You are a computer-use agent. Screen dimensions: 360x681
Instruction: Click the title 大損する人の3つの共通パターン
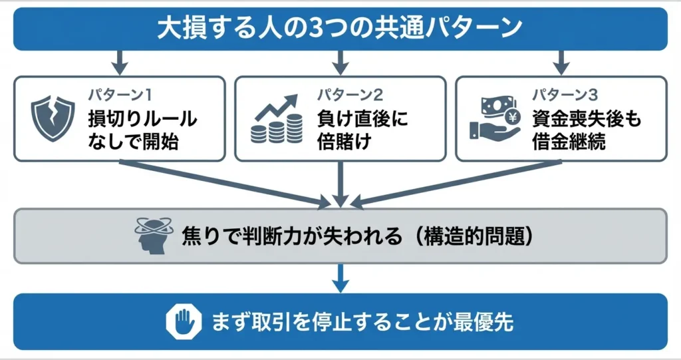340,29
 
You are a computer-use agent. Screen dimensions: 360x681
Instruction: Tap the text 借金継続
569,142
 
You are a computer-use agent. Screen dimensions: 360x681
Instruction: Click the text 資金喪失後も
587,119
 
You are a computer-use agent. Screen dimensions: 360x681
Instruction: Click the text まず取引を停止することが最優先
362,323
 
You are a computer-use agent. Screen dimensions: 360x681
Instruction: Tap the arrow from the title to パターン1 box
118,63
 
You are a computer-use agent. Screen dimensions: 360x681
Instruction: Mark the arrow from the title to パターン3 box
561,63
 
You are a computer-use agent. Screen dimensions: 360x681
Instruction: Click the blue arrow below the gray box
340,278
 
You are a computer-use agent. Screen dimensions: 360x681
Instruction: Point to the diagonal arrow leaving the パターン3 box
452,181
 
